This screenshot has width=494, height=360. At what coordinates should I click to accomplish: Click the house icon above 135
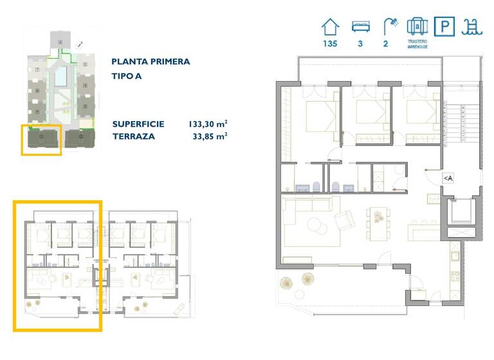click(330, 27)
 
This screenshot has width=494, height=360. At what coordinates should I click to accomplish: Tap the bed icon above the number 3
click(361, 27)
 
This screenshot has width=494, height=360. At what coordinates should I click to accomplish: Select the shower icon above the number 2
click(390, 26)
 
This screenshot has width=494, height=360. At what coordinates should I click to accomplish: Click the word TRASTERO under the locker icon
click(417, 42)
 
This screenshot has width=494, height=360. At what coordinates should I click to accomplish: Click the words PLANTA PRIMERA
click(151, 62)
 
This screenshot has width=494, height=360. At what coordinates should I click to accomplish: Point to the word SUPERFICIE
click(138, 123)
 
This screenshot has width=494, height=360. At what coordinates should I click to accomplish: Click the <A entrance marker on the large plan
click(448, 178)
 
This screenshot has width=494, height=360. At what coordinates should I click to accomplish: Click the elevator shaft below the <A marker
click(461, 211)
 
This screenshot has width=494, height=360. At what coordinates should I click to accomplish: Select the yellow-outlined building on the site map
click(42, 139)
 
